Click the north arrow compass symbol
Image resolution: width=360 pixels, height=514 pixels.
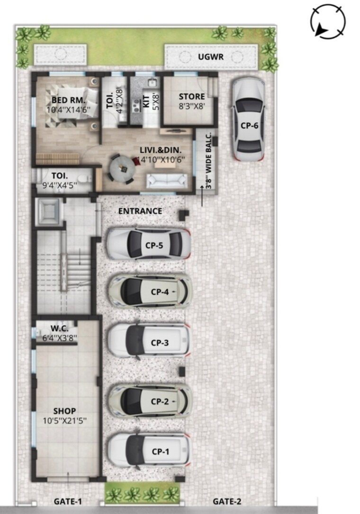coord(328,21)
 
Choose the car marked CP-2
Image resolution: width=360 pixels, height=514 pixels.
coord(150,401)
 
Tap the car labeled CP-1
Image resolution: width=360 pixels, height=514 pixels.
coord(149,451)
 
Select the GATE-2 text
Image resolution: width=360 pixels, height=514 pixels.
coord(225,501)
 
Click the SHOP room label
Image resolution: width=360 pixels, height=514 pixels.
coord(64,410)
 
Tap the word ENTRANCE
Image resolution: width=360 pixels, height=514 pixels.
coord(140,211)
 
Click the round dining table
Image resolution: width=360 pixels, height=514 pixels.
coord(122,167)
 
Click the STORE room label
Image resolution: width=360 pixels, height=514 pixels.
coord(191,97)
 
